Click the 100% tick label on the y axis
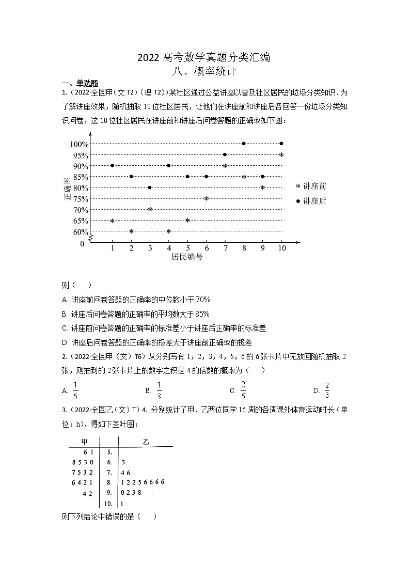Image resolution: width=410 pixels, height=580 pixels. [x=79, y=144]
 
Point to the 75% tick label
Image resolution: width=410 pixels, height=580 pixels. [x=81, y=199]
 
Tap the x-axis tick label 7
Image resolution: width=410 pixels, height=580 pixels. [x=225, y=248]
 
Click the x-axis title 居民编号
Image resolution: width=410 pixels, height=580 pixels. [x=187, y=257]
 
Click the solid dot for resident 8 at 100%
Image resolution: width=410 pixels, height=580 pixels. [x=244, y=144]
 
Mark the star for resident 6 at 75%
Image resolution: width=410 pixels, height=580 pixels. [x=206, y=199]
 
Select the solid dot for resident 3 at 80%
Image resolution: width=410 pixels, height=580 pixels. [x=150, y=187]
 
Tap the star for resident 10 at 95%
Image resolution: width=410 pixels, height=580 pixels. [x=281, y=155]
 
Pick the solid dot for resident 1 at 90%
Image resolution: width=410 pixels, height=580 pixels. [x=112, y=166]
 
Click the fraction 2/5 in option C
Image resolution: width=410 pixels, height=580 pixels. [x=243, y=390]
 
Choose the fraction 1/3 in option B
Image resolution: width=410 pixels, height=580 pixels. [x=159, y=390]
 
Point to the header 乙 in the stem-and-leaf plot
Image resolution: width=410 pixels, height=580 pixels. [x=146, y=442]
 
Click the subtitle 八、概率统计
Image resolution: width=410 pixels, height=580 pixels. [x=206, y=72]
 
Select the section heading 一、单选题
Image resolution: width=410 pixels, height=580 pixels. [x=80, y=84]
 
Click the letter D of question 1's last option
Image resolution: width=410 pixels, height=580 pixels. [x=64, y=342]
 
